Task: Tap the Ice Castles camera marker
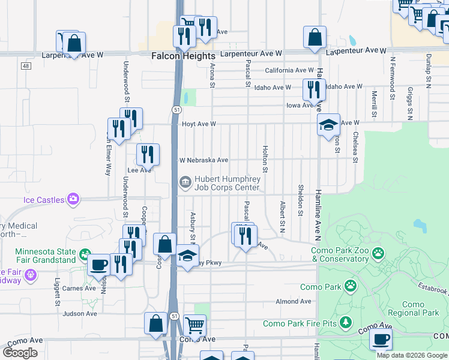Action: (73, 199)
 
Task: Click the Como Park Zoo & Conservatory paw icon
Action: (378, 254)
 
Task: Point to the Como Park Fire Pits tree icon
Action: (346, 323)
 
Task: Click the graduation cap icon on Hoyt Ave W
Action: (328, 125)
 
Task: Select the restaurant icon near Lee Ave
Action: (147, 155)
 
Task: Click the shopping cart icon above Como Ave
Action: (194, 326)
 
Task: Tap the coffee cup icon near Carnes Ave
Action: (99, 265)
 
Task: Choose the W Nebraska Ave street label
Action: (204, 160)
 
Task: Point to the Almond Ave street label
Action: (292, 302)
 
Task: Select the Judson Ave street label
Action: (80, 313)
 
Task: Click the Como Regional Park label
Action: (414, 308)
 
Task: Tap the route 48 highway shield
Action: (25, 65)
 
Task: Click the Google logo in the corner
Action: (20, 352)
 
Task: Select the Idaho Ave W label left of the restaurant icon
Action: (273, 88)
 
